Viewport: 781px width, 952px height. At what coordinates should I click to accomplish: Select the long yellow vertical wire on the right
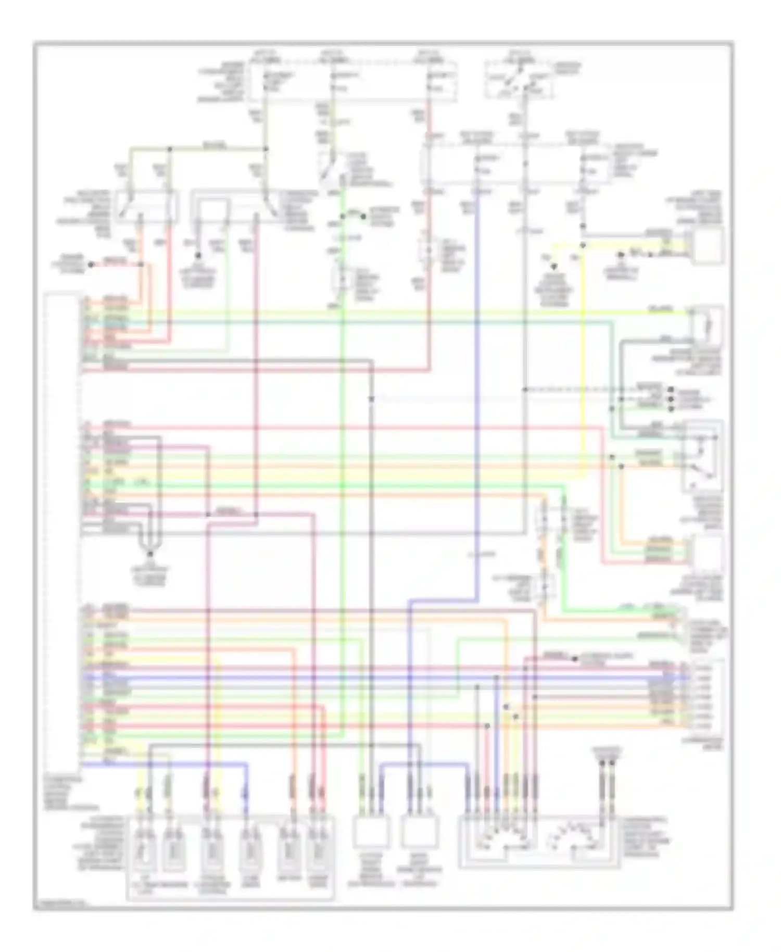pyautogui.click(x=583, y=365)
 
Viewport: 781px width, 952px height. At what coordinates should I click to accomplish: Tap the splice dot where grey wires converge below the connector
pyautogui.click(x=149, y=553)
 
